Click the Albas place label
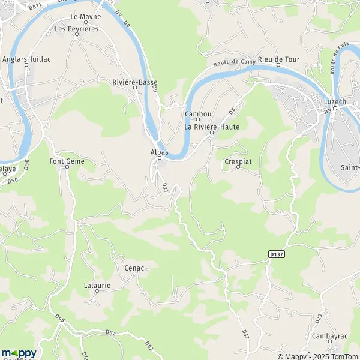pos(160,152)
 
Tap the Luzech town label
pos(335,102)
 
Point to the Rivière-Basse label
pos(134,81)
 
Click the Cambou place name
pos(197,113)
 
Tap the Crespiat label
pos(237,161)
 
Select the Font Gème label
pos(67,161)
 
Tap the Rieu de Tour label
pos(278,59)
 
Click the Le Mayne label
pos(86,16)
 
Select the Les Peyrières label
pos(77,28)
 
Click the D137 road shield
pos(276,254)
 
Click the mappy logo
pos(19,353)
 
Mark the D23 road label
pos(318,316)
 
